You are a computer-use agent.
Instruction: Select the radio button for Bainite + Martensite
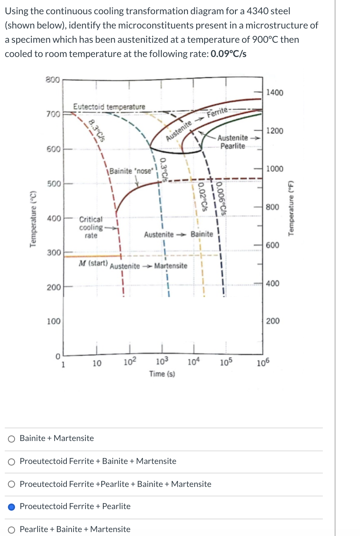12,439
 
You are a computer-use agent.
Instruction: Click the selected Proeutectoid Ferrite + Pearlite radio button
12,507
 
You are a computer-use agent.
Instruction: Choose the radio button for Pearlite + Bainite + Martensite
12,530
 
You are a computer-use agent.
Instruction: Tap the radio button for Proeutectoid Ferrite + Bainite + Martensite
12,462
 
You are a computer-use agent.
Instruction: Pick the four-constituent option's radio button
12,484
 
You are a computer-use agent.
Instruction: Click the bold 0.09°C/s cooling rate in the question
228,54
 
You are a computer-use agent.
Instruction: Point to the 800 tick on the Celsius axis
53,80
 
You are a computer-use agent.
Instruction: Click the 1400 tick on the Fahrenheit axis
275,93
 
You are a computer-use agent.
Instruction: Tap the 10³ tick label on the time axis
162,361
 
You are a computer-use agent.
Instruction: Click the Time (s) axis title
162,374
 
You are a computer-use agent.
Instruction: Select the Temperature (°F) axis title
292,208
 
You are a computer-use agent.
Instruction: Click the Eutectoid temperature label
109,107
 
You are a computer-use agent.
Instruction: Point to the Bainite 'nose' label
131,171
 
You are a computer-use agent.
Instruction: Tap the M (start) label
93,263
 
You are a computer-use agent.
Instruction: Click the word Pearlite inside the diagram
233,146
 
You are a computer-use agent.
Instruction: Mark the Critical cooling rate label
91,227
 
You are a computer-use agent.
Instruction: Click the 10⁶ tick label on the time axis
263,363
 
